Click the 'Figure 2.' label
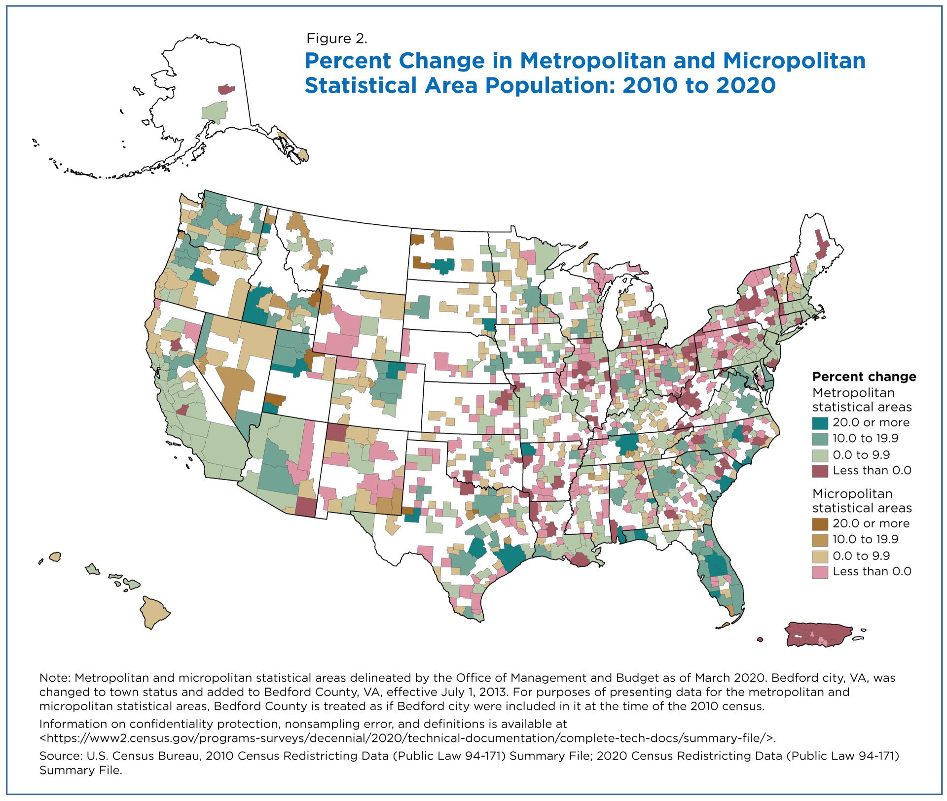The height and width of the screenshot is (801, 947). coord(337,38)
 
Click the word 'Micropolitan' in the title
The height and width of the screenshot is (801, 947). coord(794,61)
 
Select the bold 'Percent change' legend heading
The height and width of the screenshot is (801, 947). coord(864,377)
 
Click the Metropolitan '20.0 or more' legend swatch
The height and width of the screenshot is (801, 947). coord(820,422)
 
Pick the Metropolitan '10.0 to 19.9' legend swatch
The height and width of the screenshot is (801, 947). coord(820,438)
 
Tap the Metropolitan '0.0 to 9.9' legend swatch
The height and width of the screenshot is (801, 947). coord(820,454)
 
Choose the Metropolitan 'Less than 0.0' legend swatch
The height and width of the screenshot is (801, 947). coord(820,470)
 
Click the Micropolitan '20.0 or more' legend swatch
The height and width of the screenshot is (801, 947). coord(820,523)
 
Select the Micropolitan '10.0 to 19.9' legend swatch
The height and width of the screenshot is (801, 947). coord(820,539)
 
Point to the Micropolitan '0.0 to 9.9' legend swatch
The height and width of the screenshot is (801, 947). coord(820,556)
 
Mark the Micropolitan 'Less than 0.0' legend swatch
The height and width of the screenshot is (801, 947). coord(820,572)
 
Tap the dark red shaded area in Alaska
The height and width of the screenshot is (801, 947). coord(226,89)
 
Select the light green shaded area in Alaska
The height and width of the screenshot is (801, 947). coord(216,110)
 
